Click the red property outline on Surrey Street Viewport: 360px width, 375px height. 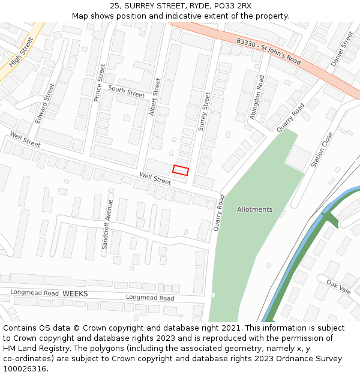tap(181, 170)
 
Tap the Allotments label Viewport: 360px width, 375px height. tap(254, 209)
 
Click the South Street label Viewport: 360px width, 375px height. tap(127, 91)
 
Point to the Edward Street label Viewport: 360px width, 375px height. tap(44, 103)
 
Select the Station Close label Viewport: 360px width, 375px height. tap(322, 149)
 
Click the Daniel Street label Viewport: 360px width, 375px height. tap(342, 49)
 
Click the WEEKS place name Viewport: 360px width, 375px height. tap(75, 293)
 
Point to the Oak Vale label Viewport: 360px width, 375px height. tap(338, 286)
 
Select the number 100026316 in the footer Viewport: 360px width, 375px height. tap(25, 369)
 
